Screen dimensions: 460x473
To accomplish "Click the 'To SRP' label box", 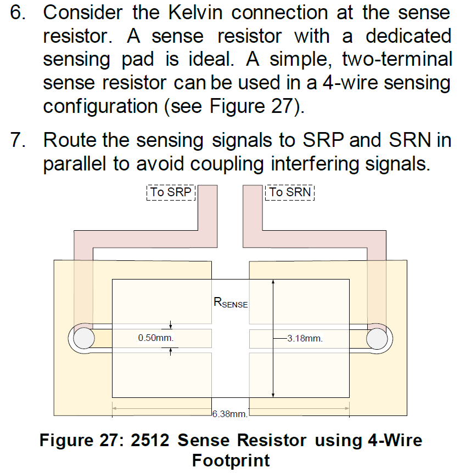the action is click(x=171, y=192).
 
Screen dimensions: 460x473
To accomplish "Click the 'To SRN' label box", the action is click(x=290, y=192).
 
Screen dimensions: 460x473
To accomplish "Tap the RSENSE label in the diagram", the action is click(x=231, y=302).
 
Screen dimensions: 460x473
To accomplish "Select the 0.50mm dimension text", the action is click(x=156, y=338).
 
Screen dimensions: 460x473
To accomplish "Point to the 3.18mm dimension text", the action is click(x=305, y=339).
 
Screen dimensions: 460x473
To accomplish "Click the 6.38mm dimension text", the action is click(x=230, y=414).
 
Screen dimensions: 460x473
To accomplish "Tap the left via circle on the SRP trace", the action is click(x=83, y=339).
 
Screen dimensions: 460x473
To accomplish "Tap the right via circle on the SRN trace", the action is click(x=377, y=339).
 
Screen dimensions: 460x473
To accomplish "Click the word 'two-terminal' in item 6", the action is click(x=397, y=59).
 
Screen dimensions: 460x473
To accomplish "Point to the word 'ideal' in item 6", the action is click(x=211, y=59).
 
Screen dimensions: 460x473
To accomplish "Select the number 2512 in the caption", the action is click(x=150, y=440).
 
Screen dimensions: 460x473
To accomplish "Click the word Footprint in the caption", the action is click(x=231, y=460).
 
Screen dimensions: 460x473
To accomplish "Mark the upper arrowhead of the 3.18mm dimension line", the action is click(x=273, y=282).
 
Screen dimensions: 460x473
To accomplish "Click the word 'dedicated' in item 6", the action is click(x=408, y=36).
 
